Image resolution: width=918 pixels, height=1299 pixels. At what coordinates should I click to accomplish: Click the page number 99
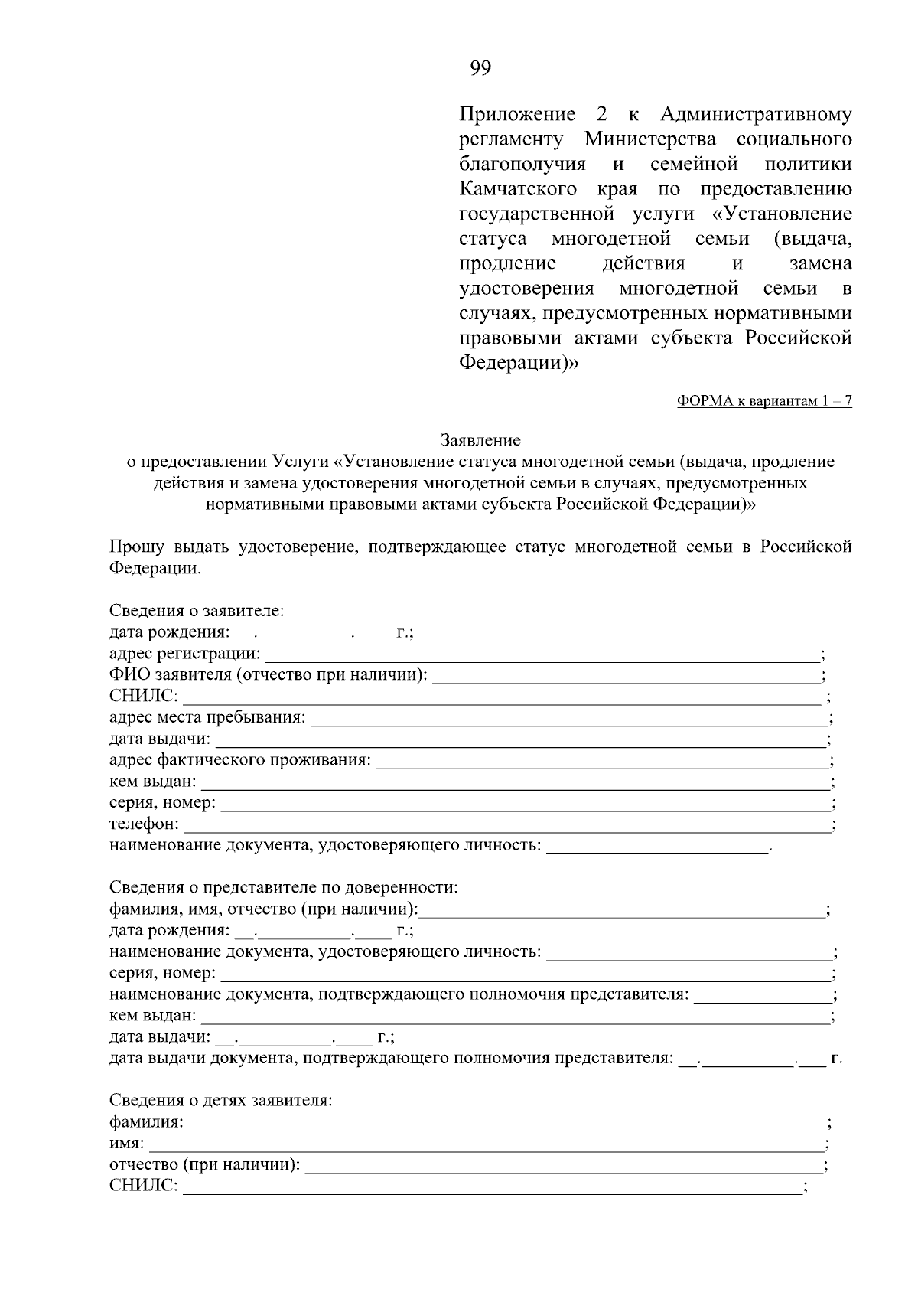pyautogui.click(x=480, y=68)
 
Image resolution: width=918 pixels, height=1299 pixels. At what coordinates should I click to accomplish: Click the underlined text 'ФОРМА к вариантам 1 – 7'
pyautogui.click(x=764, y=401)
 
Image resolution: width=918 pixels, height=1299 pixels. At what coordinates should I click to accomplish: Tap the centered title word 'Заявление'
pyautogui.click(x=480, y=440)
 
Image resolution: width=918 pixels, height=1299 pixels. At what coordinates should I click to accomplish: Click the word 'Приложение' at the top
pyautogui.click(x=517, y=115)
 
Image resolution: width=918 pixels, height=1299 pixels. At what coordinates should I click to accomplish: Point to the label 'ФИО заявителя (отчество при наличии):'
pyautogui.click(x=269, y=675)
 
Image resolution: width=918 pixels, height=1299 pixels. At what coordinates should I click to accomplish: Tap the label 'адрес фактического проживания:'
pyautogui.click(x=240, y=760)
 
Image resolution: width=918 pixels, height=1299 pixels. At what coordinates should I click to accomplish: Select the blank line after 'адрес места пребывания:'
pyautogui.click(x=569, y=719)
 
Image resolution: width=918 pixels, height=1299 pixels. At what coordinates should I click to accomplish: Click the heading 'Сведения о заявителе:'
pyautogui.click(x=197, y=611)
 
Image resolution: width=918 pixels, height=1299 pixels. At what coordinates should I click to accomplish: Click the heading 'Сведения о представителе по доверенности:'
pyautogui.click(x=284, y=888)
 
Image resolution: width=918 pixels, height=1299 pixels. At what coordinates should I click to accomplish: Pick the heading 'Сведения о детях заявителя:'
pyautogui.click(x=220, y=1101)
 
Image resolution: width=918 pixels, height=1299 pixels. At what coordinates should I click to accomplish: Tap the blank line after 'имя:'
pyautogui.click(x=487, y=1145)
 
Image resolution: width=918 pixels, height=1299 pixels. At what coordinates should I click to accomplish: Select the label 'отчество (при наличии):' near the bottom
pyautogui.click(x=205, y=1165)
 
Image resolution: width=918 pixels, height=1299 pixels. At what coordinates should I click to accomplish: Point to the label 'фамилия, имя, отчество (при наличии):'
pyautogui.click(x=264, y=909)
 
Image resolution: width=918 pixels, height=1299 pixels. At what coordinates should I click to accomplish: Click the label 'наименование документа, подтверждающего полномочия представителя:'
pyautogui.click(x=399, y=994)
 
